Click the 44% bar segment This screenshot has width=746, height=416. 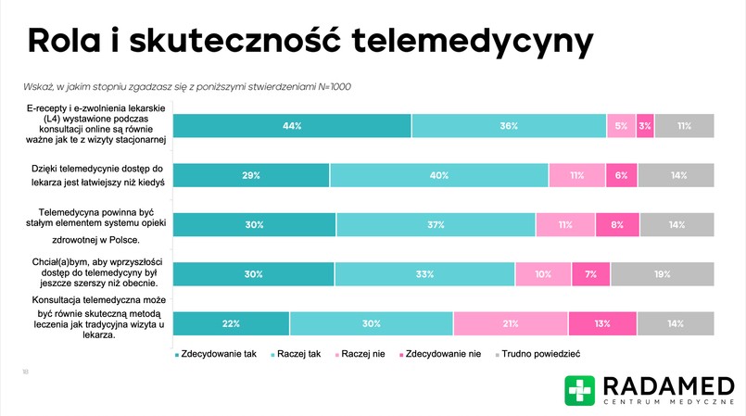pyautogui.click(x=292, y=125)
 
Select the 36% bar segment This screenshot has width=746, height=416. pyautogui.click(x=509, y=125)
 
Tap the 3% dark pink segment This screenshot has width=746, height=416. pyautogui.click(x=645, y=125)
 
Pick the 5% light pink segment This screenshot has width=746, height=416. pyautogui.click(x=621, y=125)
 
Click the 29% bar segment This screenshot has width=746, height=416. pyautogui.click(x=251, y=175)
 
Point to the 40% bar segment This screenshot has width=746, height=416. pyautogui.click(x=439, y=175)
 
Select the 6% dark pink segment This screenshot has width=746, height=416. pyautogui.click(x=621, y=175)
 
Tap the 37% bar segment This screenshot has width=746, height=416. pyautogui.click(x=436, y=225)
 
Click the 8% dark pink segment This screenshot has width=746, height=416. pyautogui.click(x=616, y=225)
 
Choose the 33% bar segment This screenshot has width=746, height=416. pyautogui.click(x=424, y=274)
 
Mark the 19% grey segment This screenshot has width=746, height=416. pyautogui.click(x=662, y=274)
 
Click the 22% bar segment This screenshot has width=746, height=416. pyautogui.click(x=232, y=323)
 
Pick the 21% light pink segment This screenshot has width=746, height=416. pyautogui.click(x=511, y=323)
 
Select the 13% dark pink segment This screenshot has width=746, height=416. pyautogui.click(x=602, y=323)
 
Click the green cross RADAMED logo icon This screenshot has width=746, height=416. pyautogui.click(x=580, y=390)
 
